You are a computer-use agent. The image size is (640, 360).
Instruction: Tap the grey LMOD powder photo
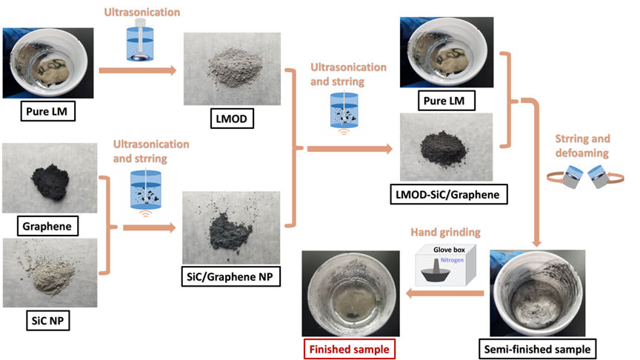click(x=230, y=67)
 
